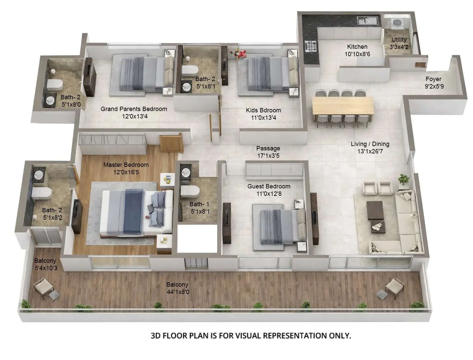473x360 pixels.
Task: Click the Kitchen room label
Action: coord(357,47)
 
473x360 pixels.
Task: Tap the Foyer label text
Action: coord(433,79)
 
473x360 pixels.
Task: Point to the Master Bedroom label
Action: coord(126,165)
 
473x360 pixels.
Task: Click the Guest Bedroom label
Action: coord(269,186)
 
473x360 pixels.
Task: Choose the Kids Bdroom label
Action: coord(263,110)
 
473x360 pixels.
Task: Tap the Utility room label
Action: coord(399,40)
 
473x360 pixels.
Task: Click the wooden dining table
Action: coord(343,106)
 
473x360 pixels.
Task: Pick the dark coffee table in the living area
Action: coord(375,210)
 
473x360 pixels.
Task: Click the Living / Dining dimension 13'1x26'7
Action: coord(370,151)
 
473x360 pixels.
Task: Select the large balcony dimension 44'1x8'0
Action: coord(178,292)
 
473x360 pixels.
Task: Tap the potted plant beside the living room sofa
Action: coord(404,179)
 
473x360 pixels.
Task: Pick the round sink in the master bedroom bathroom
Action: coord(38,175)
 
